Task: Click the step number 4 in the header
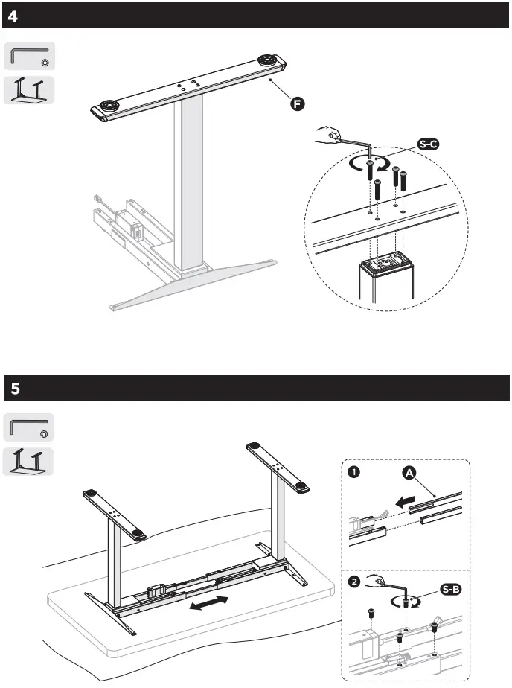(13, 16)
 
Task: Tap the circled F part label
(297, 104)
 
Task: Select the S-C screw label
(427, 144)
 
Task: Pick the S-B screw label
(450, 590)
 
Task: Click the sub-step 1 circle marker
(355, 472)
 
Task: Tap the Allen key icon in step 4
(30, 57)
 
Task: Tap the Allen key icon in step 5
(30, 427)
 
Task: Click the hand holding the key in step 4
(327, 136)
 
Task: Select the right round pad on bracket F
(266, 60)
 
